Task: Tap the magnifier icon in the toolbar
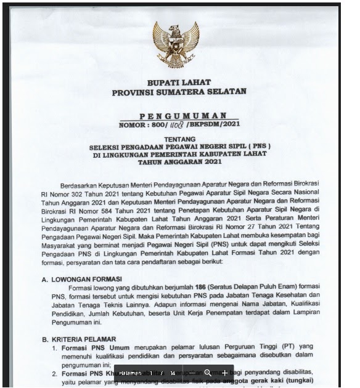click(x=208, y=373)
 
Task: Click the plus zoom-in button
click(x=225, y=373)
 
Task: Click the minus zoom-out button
click(x=192, y=373)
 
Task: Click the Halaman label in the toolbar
click(x=131, y=373)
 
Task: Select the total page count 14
click(x=173, y=373)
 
